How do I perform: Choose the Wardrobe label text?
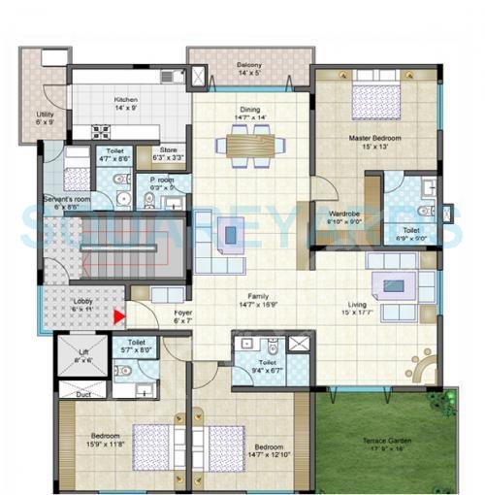coord(345,214)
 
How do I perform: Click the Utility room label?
coord(46,115)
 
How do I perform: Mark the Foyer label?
coord(183,313)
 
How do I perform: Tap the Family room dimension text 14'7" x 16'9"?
coord(250,303)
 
